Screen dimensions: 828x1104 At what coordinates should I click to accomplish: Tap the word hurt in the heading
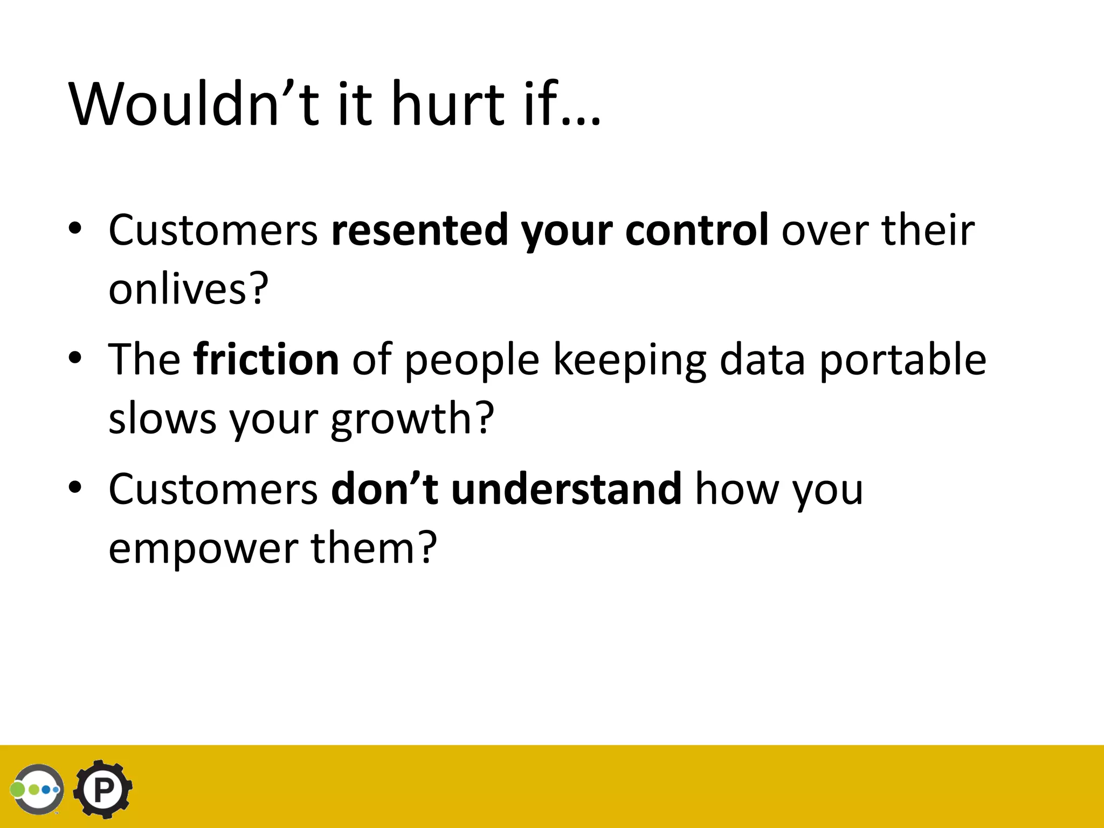447,103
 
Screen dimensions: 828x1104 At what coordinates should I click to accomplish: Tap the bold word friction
266,360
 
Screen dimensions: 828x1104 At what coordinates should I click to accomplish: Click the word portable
903,360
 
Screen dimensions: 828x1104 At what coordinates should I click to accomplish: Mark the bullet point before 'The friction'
75,357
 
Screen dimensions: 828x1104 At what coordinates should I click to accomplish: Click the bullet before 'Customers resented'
75,228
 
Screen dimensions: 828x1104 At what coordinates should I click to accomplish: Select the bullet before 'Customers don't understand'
75,487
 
